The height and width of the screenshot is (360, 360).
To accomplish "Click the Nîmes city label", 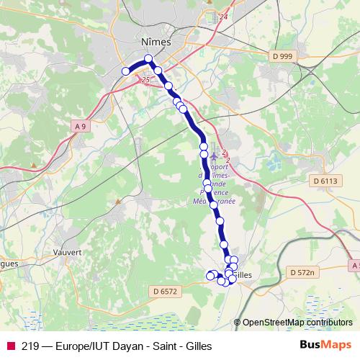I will pyautogui.click(x=157, y=42).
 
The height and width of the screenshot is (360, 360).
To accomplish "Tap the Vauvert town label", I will pyautogui.click(x=67, y=253).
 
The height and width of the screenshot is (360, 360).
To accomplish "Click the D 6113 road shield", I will pyautogui.click(x=325, y=181).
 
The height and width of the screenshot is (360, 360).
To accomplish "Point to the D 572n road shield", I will pyautogui.click(x=302, y=272).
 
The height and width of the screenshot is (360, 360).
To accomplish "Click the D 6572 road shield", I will pyautogui.click(x=166, y=290).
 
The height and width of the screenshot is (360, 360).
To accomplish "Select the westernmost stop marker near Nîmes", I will pyautogui.click(x=125, y=71).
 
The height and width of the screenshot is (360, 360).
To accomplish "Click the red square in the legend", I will pyautogui.click(x=10, y=346).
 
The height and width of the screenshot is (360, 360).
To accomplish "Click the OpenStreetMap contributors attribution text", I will pyautogui.click(x=297, y=323).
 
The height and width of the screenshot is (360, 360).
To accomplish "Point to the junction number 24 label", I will pyautogui.click(x=223, y=16).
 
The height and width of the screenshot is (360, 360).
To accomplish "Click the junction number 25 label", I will pyautogui.click(x=147, y=80).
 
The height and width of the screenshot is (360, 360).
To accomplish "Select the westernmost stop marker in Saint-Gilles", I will pyautogui.click(x=211, y=275).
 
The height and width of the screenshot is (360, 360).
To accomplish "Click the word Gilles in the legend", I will pyautogui.click(x=199, y=346).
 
